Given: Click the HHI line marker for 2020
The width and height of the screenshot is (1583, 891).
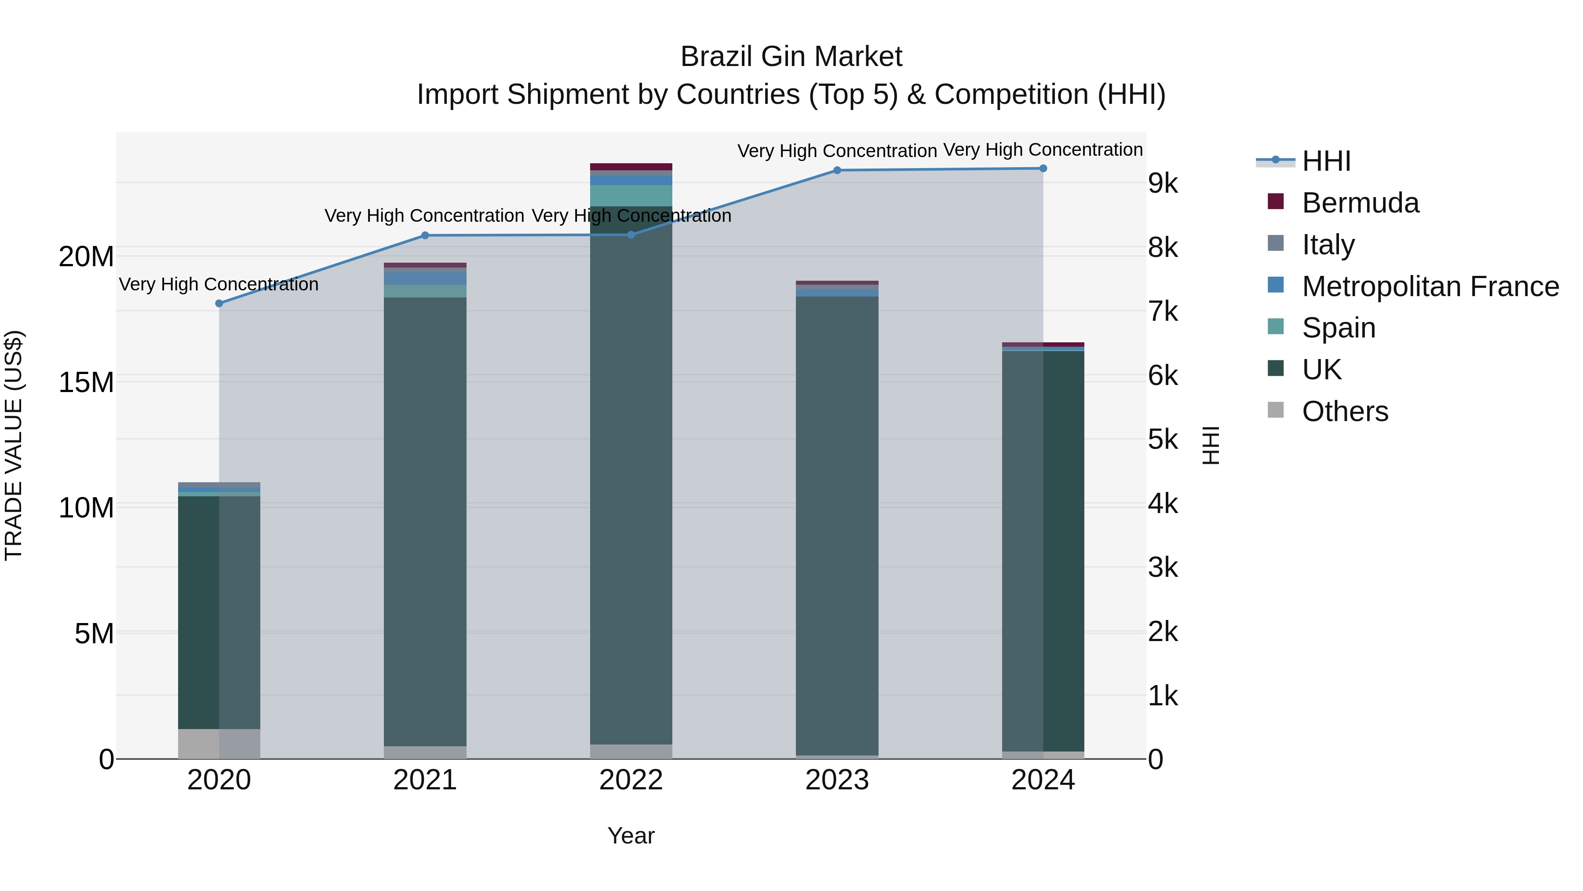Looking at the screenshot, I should [219, 303].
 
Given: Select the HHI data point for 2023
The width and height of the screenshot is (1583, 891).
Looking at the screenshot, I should [837, 170].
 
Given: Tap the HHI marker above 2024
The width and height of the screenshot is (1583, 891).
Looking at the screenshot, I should [1043, 169].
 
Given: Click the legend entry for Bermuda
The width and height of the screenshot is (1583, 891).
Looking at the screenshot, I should [1360, 203].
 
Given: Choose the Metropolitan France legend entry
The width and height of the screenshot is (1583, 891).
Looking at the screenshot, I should [1430, 286].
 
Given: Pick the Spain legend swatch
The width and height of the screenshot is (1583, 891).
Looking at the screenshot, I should [1276, 327].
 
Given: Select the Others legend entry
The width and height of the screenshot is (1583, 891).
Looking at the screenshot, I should [1345, 411].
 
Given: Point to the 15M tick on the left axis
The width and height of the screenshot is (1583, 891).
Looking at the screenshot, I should [86, 382].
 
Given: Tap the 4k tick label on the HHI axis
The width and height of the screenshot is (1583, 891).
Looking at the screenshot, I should [1163, 504].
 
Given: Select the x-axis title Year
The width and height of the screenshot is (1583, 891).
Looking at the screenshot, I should [631, 836].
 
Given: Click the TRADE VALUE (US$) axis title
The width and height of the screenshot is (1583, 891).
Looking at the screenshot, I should [14, 445].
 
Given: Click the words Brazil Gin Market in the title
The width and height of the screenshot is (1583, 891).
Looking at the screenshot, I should [791, 57].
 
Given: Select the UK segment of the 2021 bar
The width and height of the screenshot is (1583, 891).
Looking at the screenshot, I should [425, 523].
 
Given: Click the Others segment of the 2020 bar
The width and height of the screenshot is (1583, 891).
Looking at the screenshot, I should [219, 744].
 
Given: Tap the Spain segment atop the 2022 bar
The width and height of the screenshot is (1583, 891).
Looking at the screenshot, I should [631, 195].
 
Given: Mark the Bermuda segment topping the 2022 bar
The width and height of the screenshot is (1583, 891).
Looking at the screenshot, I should [631, 167].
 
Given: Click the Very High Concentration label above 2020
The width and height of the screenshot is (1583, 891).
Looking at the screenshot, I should [219, 284].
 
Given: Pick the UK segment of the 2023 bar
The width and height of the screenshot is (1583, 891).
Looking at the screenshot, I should [837, 523].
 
